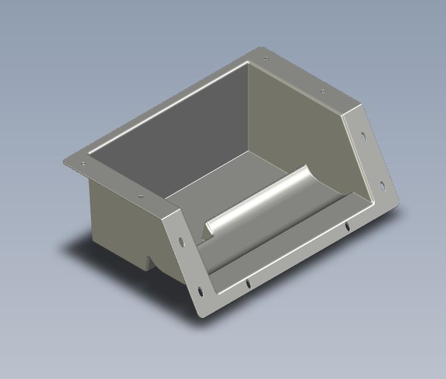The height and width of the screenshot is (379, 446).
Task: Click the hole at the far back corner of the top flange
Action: click(265, 58)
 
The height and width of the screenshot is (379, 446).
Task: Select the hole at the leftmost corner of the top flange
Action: click(83, 164)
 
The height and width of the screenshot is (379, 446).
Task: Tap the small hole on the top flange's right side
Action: click(322, 92)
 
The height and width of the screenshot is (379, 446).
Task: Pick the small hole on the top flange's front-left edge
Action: click(140, 196)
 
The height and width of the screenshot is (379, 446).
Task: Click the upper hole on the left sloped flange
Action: click(181, 240)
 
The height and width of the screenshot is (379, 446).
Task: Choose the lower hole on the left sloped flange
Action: click(200, 290)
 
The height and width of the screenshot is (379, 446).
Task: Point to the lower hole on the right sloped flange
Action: click(382, 186)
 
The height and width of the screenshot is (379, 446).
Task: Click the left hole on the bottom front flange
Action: click(248, 283)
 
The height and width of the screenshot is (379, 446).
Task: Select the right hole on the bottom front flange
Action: click(347, 226)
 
